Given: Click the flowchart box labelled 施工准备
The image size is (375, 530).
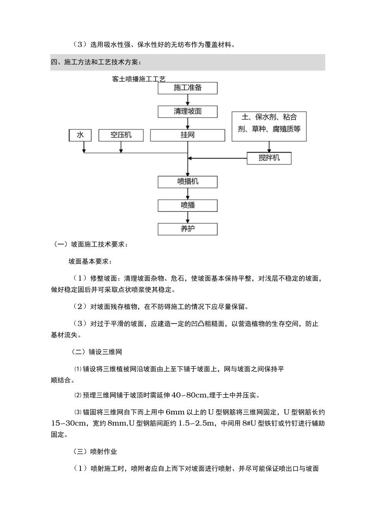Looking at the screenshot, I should pos(187,88).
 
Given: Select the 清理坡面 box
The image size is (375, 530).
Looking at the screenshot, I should pos(187,112).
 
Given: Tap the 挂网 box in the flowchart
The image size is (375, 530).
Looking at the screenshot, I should pos(187,135).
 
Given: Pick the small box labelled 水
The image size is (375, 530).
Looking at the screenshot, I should pos(80,135).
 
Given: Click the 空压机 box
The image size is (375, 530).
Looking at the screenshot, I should pos(121,135).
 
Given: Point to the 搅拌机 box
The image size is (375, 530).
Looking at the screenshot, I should pos(269,158).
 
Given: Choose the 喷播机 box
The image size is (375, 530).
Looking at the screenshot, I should pos(187,182).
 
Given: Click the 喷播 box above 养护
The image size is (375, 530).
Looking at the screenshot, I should pos(187,205).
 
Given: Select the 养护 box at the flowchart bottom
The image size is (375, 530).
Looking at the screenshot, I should pos(187,229).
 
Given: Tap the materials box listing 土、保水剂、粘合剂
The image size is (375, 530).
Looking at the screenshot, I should pos(269,123).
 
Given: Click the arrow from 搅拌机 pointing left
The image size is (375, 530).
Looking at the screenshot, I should pos(217,159).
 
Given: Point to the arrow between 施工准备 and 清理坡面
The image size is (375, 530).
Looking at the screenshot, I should pos(187,100).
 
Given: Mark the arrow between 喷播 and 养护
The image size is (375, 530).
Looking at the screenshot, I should pos(187,217).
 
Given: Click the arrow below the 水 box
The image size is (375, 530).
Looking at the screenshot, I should pos(84,147).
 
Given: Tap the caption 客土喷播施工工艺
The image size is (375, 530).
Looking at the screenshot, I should pos(139,79).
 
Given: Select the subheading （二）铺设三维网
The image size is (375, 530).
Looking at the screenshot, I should pos(94,352).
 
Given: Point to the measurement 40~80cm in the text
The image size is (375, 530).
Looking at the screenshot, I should pos(189,395).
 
